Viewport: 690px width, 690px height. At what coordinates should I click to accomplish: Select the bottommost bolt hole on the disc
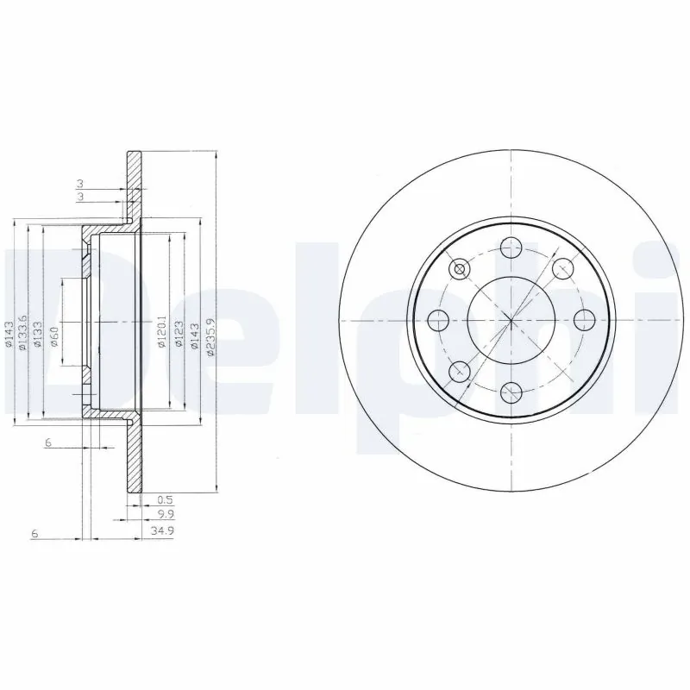511,390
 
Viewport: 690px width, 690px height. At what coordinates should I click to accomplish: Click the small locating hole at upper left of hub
459,270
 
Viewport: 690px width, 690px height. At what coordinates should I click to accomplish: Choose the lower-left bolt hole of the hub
461,370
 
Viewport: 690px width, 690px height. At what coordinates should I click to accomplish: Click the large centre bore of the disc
511,320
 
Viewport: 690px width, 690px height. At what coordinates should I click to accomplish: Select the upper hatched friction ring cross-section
134,185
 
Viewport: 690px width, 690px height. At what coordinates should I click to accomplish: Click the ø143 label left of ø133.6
9,335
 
